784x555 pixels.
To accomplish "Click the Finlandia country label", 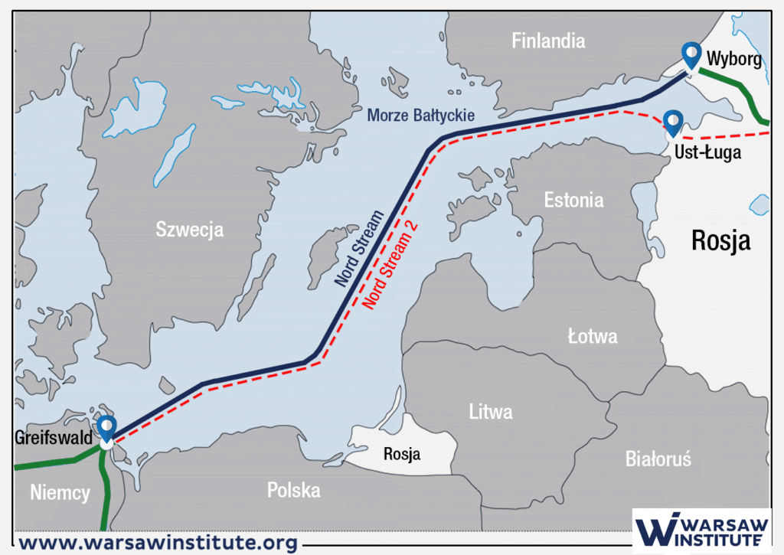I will (548, 41).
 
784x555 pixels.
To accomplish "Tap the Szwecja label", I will (189, 228).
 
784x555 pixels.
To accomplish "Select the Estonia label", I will (573, 201).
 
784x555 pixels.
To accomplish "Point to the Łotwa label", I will (593, 336).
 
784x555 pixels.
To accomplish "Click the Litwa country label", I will (491, 412).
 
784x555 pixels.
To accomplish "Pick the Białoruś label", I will (658, 459).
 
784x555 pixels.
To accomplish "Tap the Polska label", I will (293, 490).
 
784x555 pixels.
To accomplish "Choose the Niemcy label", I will (60, 492).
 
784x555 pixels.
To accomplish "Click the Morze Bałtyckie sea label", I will (421, 116).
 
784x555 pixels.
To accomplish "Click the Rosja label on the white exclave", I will (402, 453).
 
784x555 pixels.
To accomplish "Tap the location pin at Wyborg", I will (691, 55).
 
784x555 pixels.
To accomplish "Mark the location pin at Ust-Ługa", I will (673, 122).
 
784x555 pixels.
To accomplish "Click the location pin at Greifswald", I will (106, 428).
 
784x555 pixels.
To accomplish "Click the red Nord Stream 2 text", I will (394, 272).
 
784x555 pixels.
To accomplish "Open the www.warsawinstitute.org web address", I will (157, 543).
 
